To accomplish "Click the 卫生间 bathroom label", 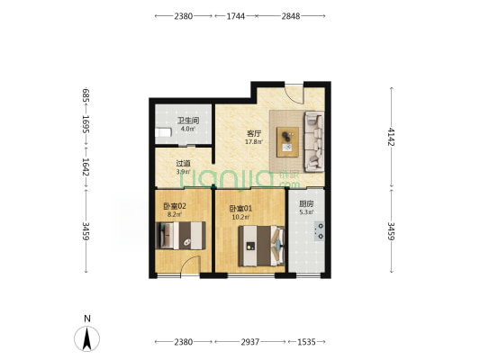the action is point(188,121).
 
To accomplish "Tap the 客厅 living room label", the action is point(254,134).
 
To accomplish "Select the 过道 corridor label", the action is point(183,164).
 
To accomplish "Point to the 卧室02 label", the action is point(175,206).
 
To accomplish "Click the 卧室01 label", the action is point(241,209).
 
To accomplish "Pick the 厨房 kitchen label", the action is point(306,203).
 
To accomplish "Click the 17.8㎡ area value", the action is point(254,141).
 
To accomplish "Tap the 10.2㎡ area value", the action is point(241,217).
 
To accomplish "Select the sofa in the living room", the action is point(314,141).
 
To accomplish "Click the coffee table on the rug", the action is point(288,142).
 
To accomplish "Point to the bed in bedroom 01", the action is point(262,246).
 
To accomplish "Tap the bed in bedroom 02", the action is point(180,236).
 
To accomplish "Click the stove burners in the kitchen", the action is point(320,231).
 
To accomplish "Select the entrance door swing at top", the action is point(294,94).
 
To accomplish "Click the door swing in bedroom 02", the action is point(190,265).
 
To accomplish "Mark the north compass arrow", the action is point(87,338).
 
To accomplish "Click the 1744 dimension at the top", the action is point(235,16).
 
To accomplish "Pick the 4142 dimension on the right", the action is point(392,137).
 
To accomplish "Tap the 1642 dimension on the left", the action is point(86,167).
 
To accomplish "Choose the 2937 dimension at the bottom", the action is point(249,342).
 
